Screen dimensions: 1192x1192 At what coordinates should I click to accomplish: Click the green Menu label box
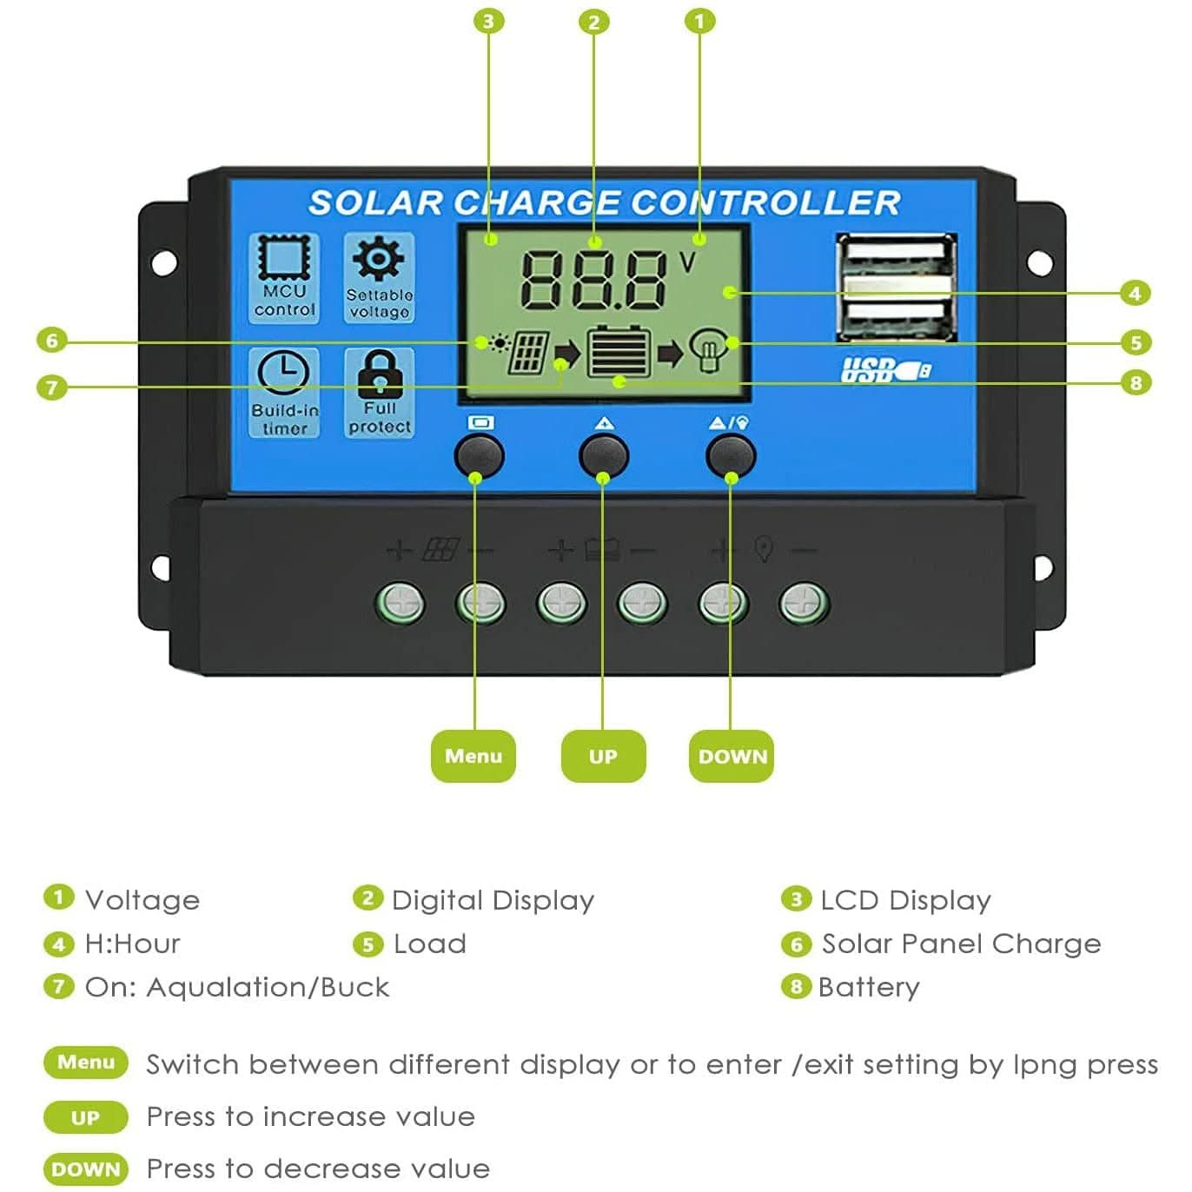coord(473,756)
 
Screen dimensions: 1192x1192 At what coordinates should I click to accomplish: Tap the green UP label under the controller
coord(603,756)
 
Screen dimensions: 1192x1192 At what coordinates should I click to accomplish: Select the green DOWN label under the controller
coord(732,756)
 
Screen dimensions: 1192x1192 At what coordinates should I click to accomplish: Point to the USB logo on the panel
coord(884,370)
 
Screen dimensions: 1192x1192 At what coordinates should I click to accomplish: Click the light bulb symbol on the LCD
coord(706,349)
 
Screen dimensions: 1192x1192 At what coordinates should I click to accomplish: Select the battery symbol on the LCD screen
coord(619,351)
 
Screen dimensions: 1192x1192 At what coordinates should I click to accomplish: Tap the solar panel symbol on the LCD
coord(527,351)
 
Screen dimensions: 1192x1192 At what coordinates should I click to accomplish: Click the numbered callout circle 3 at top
coord(489,21)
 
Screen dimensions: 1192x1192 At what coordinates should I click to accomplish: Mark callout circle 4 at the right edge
coord(1135,293)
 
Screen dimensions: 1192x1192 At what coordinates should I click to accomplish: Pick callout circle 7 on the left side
coord(52,387)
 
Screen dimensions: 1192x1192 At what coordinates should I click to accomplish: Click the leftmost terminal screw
coord(400,603)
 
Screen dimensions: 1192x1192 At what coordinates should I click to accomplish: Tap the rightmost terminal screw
coord(803,603)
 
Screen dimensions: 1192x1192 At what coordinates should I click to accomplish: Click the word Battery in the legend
coord(868,987)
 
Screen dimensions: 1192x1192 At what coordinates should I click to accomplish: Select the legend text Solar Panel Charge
coord(961,944)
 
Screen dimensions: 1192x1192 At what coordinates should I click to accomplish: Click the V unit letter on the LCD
coord(686,262)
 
